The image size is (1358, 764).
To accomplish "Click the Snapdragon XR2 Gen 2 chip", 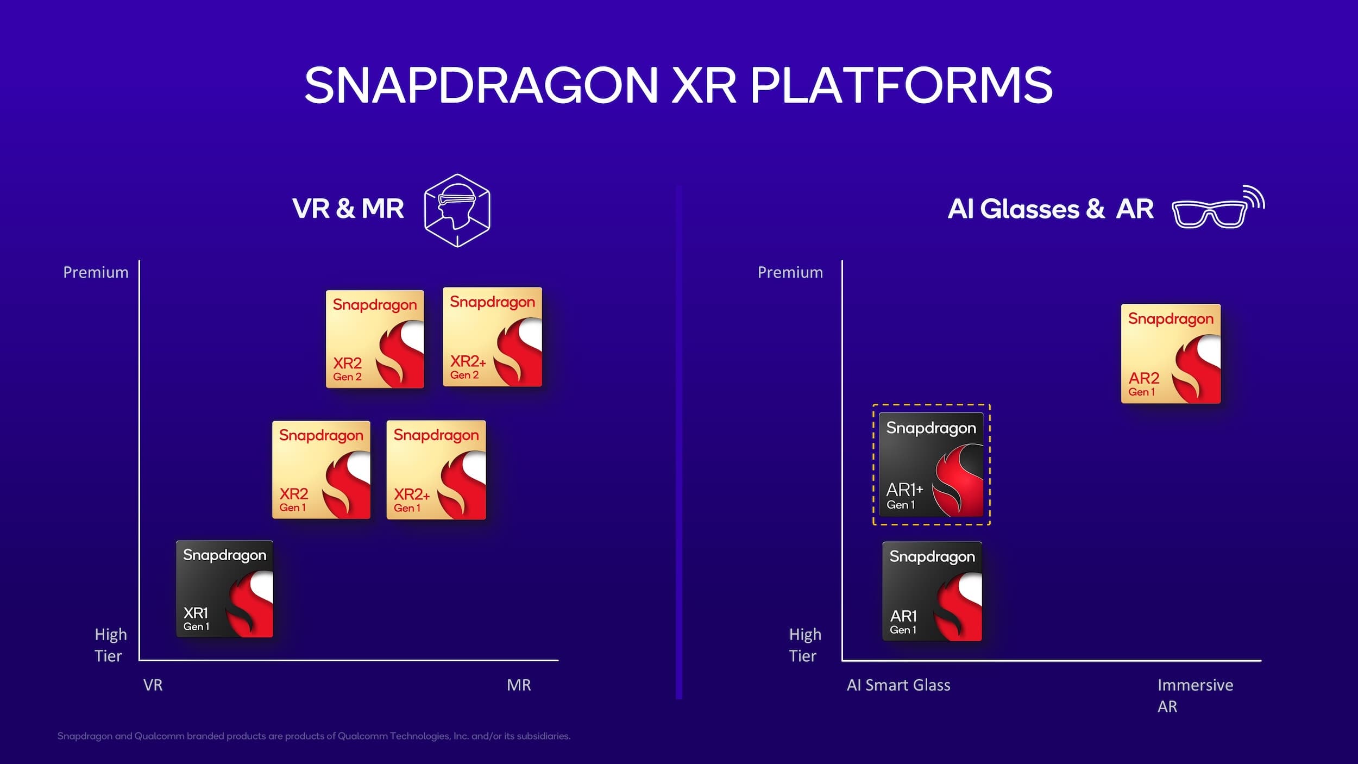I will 375,339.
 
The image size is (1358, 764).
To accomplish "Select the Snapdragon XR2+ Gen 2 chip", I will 492,337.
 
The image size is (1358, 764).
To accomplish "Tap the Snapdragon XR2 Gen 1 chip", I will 321,470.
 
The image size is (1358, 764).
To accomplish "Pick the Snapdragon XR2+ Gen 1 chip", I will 436,470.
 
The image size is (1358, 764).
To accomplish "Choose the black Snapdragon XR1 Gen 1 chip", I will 224,589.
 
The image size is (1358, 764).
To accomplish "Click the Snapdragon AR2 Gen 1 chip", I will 1171,354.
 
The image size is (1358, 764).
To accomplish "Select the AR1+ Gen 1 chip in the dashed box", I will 931,465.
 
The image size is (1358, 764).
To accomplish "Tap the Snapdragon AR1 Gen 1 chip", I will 932,591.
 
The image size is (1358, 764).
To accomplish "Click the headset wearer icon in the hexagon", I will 457,210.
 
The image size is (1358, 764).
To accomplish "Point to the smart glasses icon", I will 1217,209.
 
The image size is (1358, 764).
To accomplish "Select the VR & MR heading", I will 348,209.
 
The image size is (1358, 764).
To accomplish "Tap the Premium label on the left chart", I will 96,272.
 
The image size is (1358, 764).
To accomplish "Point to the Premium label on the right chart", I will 790,272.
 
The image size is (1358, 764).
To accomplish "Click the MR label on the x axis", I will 519,685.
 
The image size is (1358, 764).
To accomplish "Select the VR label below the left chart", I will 153,685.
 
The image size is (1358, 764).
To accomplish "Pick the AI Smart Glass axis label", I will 898,685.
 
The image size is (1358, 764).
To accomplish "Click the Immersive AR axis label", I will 1194,695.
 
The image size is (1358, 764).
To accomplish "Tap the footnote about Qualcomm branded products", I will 313,736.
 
